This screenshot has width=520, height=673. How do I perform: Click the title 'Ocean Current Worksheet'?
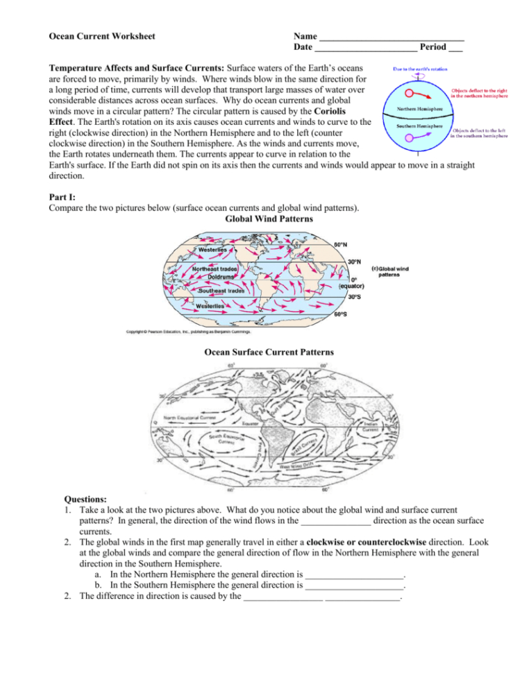pyautogui.click(x=101, y=36)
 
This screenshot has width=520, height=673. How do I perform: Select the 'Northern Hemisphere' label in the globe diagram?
pyautogui.click(x=417, y=110)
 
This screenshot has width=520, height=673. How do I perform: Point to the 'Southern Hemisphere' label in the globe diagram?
pyautogui.click(x=417, y=126)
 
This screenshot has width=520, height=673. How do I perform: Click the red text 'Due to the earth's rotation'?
pyautogui.click(x=421, y=69)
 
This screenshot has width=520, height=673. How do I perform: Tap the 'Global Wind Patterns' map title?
pyautogui.click(x=269, y=219)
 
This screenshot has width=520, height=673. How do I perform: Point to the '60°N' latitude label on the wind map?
pyautogui.click(x=341, y=244)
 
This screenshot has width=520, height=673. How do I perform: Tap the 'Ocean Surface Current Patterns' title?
pyautogui.click(x=269, y=352)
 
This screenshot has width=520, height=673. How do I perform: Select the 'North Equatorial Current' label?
pyautogui.click(x=190, y=418)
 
